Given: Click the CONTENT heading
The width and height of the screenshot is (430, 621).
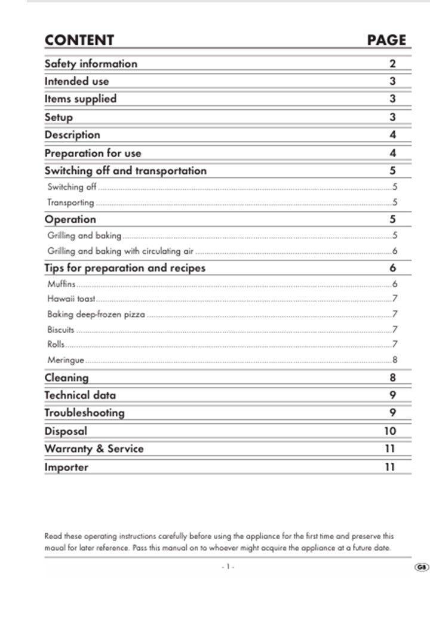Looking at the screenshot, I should tap(79, 40).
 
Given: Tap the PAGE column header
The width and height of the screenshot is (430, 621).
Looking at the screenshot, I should tap(386, 40).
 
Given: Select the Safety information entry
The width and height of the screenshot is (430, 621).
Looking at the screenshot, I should tap(91, 63).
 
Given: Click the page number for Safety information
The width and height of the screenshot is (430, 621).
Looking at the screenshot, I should tap(393, 64).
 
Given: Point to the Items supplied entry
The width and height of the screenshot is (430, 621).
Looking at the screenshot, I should tap(81, 99).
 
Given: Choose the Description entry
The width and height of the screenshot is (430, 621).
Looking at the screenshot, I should tap(72, 135).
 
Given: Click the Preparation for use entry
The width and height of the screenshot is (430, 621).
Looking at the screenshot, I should tap(93, 153).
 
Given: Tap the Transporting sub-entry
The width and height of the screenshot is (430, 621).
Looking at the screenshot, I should tap(70, 202).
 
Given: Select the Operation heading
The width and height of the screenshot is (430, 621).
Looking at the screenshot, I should tap(70, 219).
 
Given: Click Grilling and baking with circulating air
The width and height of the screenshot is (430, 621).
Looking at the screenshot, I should tap(120, 251).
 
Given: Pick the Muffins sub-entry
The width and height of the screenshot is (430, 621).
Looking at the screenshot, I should tap(61, 284).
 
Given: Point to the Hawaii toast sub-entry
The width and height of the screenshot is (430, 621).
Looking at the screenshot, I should tap(71, 298).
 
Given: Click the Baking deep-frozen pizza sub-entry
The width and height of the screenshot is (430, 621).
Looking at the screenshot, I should tap(96, 314).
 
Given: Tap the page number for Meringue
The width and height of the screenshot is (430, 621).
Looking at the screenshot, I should tap(395, 360).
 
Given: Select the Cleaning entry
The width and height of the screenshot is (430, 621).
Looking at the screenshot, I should tap(66, 377).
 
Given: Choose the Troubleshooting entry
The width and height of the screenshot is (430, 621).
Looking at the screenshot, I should tap(84, 413).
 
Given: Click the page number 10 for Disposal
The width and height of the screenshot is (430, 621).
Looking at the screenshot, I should tap(389, 431).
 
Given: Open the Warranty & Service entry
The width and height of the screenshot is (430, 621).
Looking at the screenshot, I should tap(94, 448).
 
